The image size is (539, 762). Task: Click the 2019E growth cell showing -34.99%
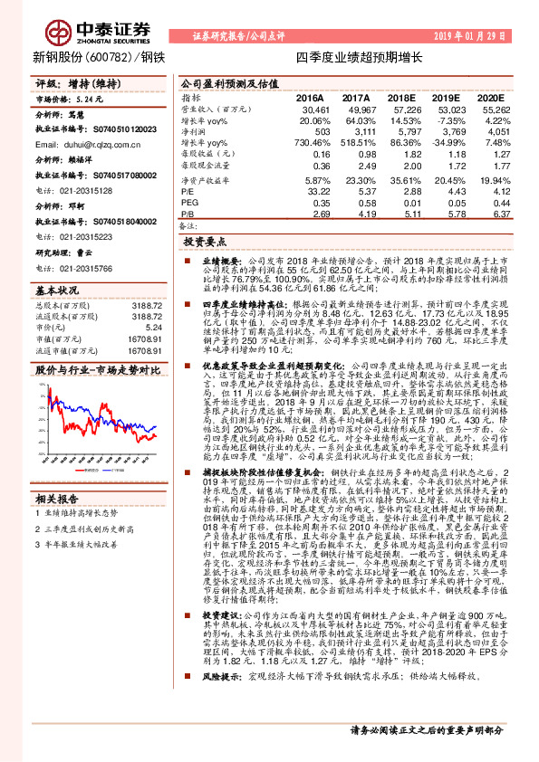tap(453, 143)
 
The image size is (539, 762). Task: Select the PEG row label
tap(189, 203)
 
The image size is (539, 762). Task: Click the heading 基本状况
tap(57, 291)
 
